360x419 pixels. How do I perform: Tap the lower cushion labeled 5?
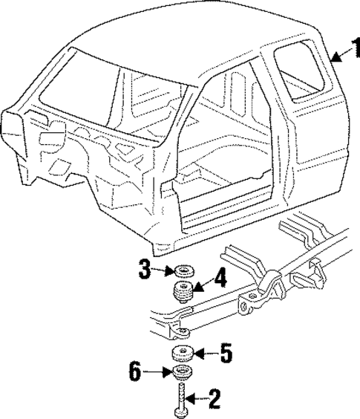[x=183, y=352]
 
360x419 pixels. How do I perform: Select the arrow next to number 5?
[x=206, y=352]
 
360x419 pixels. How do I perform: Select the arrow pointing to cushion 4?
[x=203, y=283]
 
